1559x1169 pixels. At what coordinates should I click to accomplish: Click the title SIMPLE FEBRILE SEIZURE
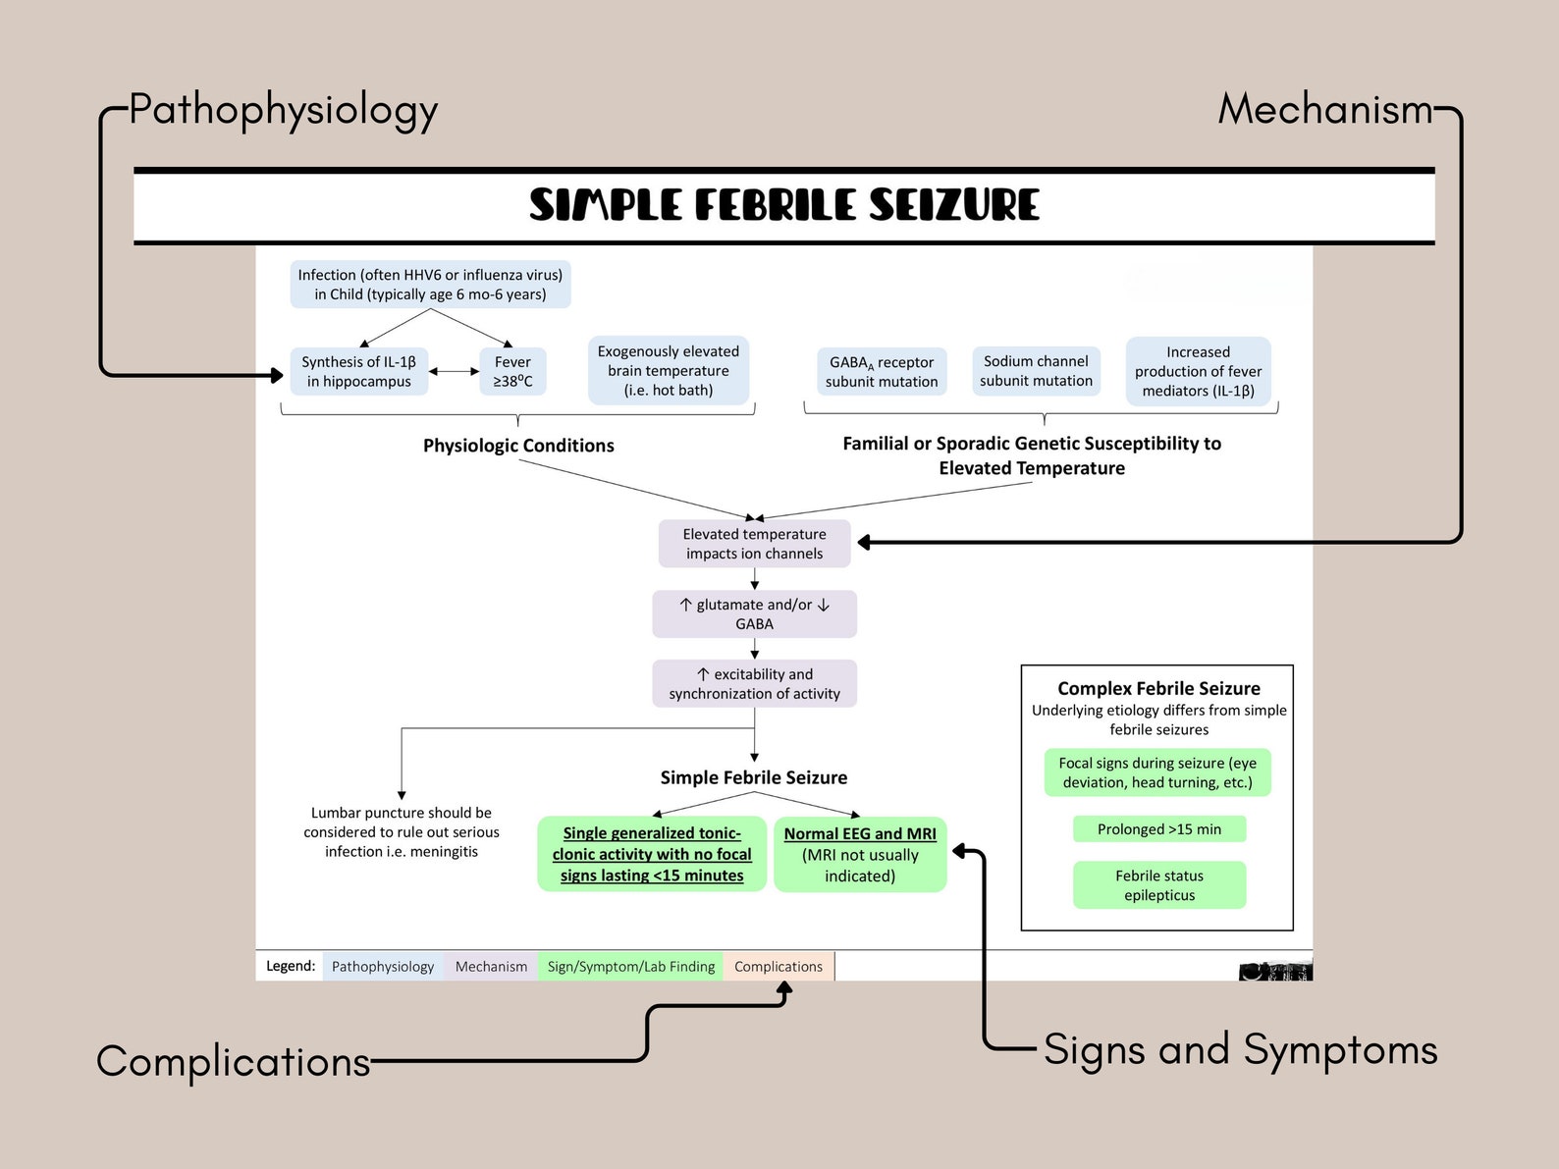click(x=783, y=205)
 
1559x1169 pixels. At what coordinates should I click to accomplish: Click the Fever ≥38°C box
click(x=512, y=372)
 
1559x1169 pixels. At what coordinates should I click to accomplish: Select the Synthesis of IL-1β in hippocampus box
click(x=359, y=372)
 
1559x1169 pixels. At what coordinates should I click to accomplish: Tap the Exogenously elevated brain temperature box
click(x=669, y=371)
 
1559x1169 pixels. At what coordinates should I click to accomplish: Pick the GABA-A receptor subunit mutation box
click(x=882, y=372)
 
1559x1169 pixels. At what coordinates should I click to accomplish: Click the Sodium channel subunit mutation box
click(x=1036, y=371)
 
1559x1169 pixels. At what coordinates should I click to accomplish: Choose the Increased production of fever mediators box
click(x=1198, y=371)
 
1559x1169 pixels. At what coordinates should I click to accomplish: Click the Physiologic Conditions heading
click(x=518, y=446)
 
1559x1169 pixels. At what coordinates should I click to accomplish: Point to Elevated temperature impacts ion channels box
click(x=754, y=544)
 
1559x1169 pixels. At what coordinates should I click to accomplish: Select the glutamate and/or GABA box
click(x=754, y=614)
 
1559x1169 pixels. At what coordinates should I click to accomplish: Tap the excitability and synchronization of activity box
click(x=754, y=684)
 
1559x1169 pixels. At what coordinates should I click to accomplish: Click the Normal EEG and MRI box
click(x=860, y=855)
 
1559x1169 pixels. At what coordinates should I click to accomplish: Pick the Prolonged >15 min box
click(x=1158, y=829)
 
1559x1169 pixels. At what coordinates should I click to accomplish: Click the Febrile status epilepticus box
click(x=1158, y=885)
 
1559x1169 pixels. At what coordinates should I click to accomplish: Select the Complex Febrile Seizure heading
click(x=1158, y=689)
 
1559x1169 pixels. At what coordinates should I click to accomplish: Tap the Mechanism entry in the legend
click(x=491, y=967)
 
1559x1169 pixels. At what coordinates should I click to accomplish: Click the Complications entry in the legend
click(x=779, y=967)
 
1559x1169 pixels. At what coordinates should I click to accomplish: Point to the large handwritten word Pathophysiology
click(x=283, y=111)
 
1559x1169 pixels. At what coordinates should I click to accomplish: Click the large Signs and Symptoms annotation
click(x=1240, y=1050)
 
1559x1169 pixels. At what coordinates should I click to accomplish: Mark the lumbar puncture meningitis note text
click(x=402, y=832)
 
